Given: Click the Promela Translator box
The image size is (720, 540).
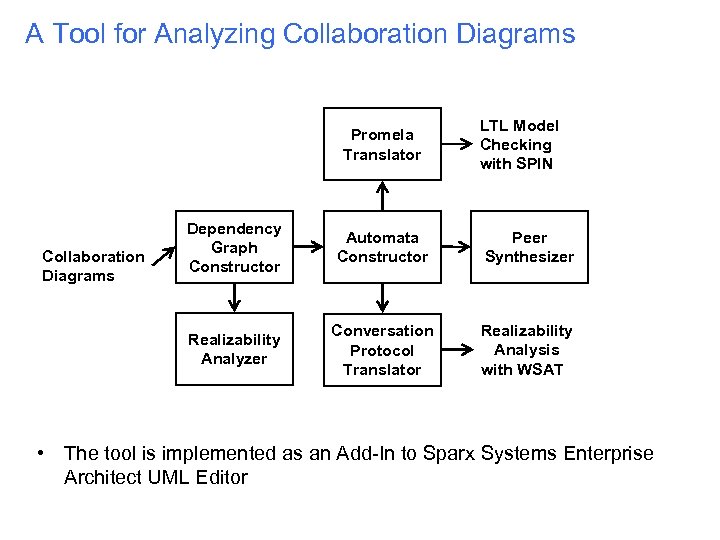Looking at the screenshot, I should (382, 144).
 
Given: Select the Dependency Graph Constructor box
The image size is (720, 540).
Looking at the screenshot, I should (234, 247).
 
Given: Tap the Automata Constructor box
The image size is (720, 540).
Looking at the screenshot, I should (382, 247).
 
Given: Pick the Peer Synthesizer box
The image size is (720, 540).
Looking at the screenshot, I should (529, 247).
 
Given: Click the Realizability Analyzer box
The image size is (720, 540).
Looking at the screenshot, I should (234, 349).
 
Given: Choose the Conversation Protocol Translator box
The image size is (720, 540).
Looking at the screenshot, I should (382, 349).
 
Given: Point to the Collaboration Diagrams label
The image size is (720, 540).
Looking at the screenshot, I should (93, 266).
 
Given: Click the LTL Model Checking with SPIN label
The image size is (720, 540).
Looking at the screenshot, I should (519, 144).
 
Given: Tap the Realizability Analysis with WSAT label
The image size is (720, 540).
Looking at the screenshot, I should (526, 349).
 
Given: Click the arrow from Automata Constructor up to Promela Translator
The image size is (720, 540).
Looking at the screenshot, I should (382, 195).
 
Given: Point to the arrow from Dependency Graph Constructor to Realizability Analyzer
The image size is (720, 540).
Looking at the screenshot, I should (234, 298).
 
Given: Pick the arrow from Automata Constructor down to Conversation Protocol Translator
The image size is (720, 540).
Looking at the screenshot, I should (382, 298).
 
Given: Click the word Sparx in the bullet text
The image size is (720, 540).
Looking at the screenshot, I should (447, 454).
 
